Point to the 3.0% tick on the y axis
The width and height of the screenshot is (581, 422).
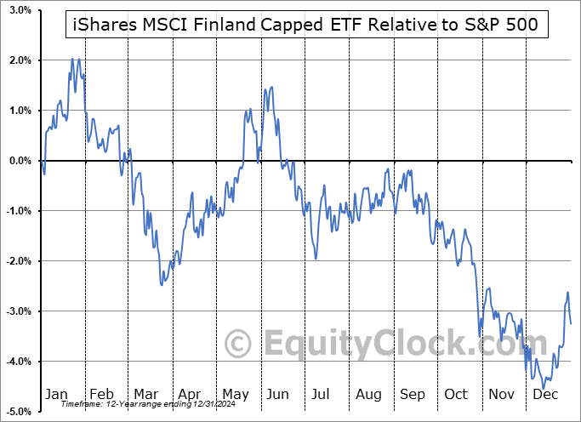[20, 10]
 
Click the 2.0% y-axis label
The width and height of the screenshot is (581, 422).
[20, 60]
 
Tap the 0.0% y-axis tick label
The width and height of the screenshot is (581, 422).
[20, 161]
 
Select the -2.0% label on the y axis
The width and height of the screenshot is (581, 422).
[18, 261]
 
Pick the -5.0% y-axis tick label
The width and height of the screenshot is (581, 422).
[18, 412]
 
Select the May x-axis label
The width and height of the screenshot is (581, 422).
[236, 395]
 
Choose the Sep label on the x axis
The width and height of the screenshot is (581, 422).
[413, 395]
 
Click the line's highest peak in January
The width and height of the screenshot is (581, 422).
[72, 59]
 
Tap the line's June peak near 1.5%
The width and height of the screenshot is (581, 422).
[271, 87]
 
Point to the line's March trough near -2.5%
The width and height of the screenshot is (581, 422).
[162, 284]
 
